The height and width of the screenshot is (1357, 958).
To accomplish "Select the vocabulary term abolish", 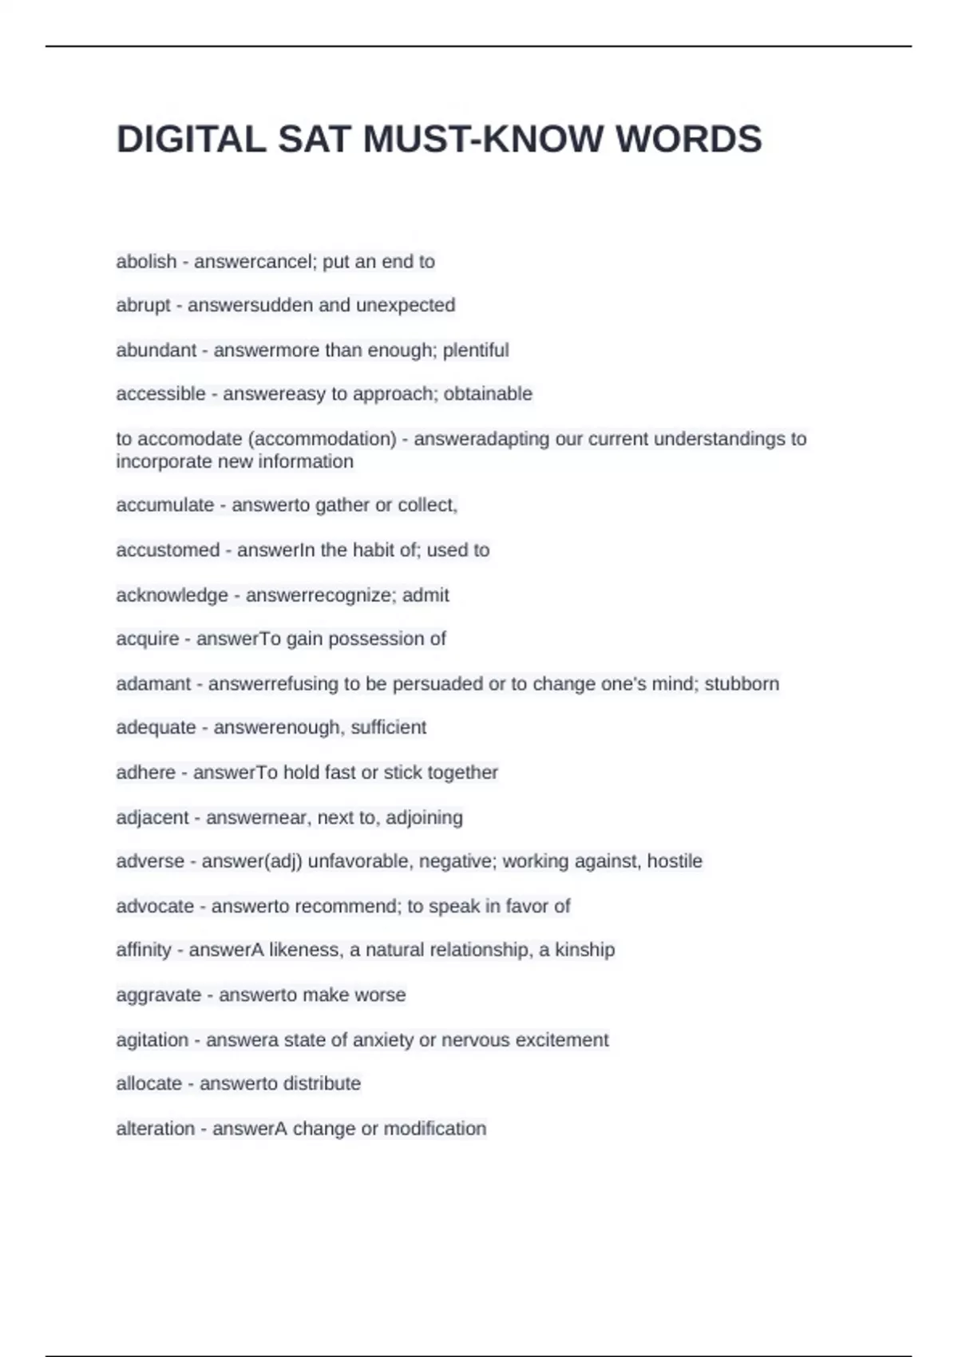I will point(146,262).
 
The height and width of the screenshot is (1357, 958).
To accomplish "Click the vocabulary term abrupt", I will point(143,306).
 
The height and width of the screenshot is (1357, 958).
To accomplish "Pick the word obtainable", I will point(488,394).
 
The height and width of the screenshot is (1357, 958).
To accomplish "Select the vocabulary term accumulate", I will point(164,505).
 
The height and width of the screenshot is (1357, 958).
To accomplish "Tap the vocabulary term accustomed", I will point(168,550).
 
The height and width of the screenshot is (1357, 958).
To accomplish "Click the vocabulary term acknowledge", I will point(172,595).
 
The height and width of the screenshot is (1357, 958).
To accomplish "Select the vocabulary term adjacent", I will point(152,818).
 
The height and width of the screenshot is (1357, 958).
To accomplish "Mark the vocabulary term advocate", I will point(155,907).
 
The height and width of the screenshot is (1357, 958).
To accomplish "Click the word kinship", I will point(585,950).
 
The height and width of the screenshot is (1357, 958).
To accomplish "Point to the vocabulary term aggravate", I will point(158,995).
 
